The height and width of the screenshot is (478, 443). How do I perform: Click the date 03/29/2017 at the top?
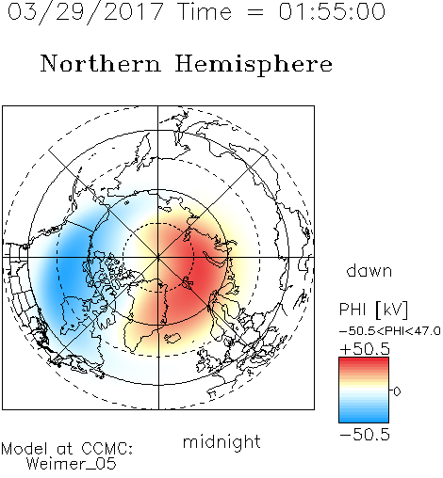(x=85, y=12)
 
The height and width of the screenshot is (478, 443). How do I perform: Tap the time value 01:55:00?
(x=332, y=12)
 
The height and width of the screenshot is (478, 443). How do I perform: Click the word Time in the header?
(x=205, y=12)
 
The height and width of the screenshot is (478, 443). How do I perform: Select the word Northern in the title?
(x=101, y=64)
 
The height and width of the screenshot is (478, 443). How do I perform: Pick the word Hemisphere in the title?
(x=254, y=65)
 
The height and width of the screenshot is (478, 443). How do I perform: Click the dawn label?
(x=369, y=270)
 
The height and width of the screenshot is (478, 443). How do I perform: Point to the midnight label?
(x=221, y=441)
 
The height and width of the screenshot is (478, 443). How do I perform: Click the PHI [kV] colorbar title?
(x=373, y=310)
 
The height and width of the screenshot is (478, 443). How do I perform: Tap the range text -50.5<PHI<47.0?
(x=390, y=331)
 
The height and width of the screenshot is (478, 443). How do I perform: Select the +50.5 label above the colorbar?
(x=365, y=349)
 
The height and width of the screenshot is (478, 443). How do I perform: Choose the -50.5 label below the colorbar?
(x=365, y=435)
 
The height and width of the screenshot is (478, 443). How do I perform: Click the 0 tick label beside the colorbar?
(x=397, y=391)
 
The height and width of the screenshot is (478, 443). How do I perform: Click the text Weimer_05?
(x=71, y=463)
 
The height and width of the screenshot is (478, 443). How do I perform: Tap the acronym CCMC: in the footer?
(x=107, y=449)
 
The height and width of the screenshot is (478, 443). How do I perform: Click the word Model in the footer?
(x=25, y=449)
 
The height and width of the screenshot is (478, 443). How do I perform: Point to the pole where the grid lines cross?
(x=158, y=257)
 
